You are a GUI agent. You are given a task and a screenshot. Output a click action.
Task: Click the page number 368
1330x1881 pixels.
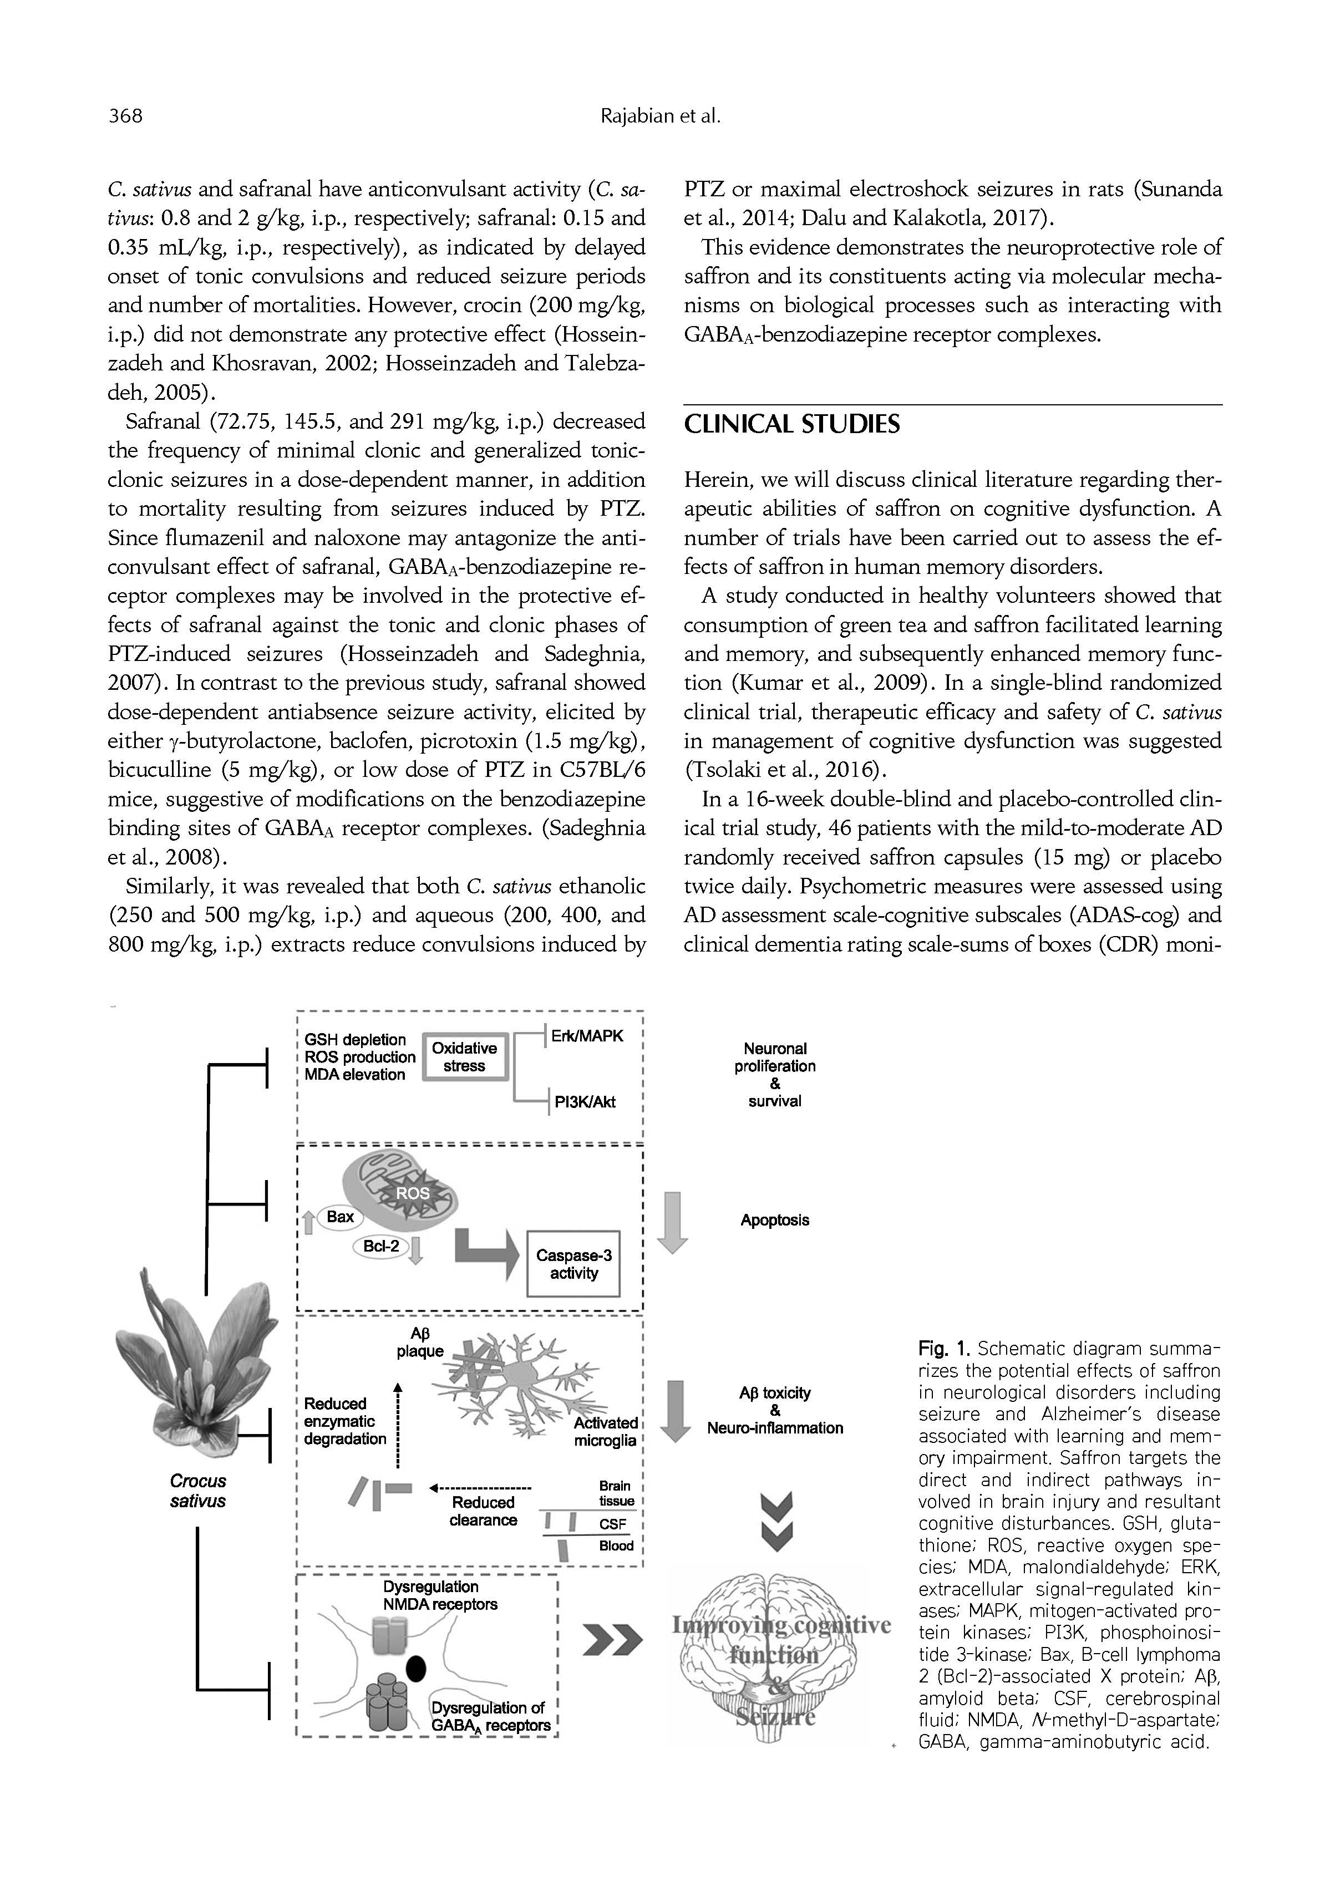125,116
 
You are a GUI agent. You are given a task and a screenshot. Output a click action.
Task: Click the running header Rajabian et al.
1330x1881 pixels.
661,116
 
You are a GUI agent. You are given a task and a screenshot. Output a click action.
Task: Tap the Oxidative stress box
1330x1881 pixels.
465,1057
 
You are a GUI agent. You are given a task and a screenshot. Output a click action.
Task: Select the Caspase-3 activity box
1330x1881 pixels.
573,1264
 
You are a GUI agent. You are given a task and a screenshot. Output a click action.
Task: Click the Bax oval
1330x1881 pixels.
340,1217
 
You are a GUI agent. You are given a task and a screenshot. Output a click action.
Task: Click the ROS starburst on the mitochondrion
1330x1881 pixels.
413,1194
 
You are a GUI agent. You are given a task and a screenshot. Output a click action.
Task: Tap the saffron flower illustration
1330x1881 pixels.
197,1360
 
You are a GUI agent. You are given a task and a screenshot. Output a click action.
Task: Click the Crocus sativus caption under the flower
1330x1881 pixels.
197,1491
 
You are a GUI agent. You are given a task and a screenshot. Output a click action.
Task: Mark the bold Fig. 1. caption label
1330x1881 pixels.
944,1349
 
